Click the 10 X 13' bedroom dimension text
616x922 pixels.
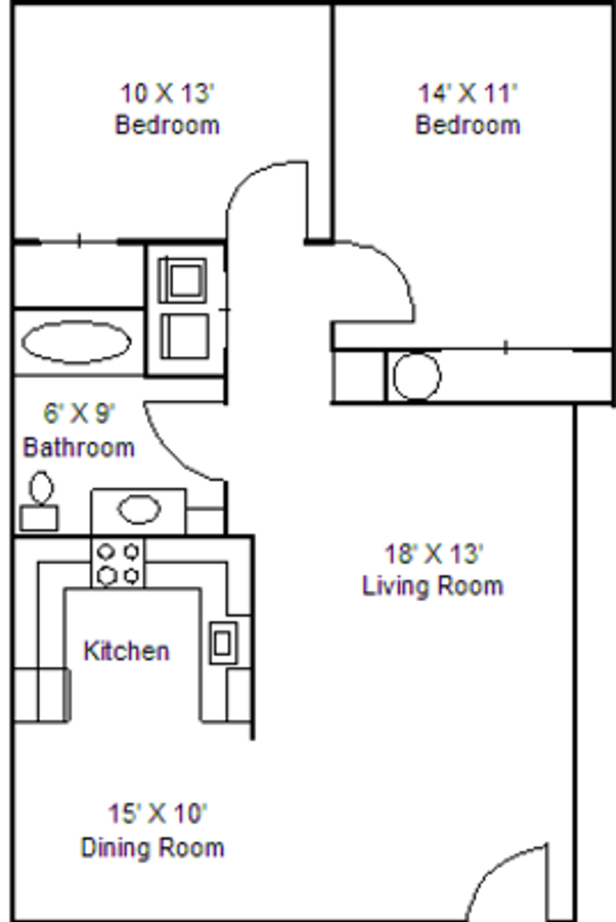click(x=167, y=93)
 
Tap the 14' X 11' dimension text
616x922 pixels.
click(x=468, y=93)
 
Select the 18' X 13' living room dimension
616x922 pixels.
click(x=433, y=553)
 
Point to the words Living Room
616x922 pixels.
click(x=433, y=586)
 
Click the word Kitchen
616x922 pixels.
click(x=126, y=651)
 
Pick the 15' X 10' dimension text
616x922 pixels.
click(x=157, y=814)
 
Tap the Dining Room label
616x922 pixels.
click(x=152, y=848)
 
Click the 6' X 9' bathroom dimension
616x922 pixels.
click(x=78, y=413)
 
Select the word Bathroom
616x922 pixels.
click(x=78, y=447)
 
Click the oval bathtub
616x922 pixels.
click(x=76, y=341)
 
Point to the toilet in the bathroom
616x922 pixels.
click(x=40, y=503)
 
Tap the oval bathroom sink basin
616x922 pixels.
click(x=139, y=509)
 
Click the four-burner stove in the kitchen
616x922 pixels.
click(x=117, y=563)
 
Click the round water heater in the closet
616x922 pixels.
click(x=416, y=376)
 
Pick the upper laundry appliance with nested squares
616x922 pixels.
click(x=183, y=280)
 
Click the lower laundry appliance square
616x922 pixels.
click(x=184, y=336)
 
